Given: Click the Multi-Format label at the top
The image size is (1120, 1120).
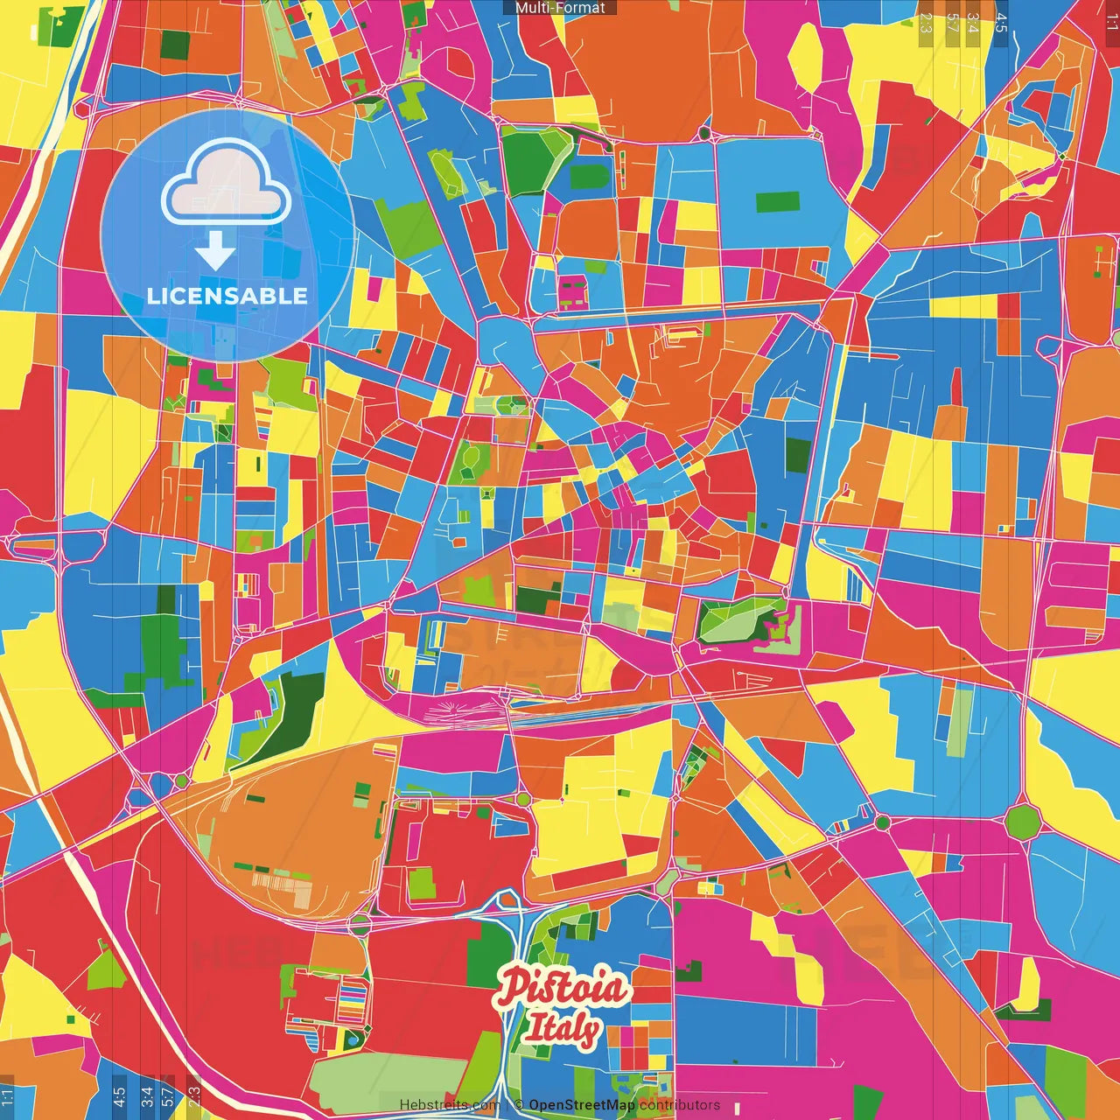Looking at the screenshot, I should [560, 8].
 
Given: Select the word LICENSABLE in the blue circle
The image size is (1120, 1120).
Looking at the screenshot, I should [227, 296].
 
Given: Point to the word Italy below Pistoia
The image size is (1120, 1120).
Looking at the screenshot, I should [562, 1031].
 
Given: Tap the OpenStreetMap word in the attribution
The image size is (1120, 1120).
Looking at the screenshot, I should [582, 1105].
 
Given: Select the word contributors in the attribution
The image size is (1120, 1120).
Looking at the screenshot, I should [679, 1105].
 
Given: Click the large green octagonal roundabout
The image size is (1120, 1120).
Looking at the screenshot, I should [1020, 822].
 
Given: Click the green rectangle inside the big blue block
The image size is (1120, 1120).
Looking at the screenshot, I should [777, 202].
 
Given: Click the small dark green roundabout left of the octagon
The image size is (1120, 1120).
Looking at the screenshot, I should [882, 822].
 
